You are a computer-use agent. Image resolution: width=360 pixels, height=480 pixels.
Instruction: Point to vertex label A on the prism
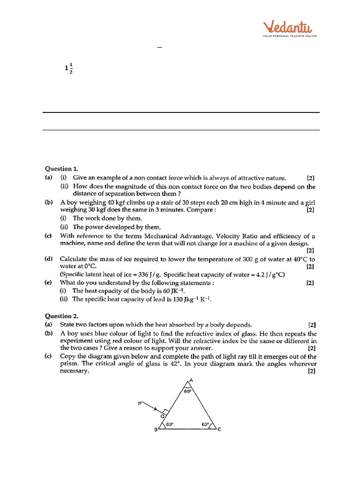point(191,381)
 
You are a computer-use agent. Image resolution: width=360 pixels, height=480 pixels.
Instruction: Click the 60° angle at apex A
point(187,391)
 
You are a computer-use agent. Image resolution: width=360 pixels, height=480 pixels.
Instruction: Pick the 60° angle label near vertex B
point(169,424)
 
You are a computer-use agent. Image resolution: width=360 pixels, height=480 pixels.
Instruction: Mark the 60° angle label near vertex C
point(205,424)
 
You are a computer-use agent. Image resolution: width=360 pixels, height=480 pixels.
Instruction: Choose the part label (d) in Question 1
point(48,259)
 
